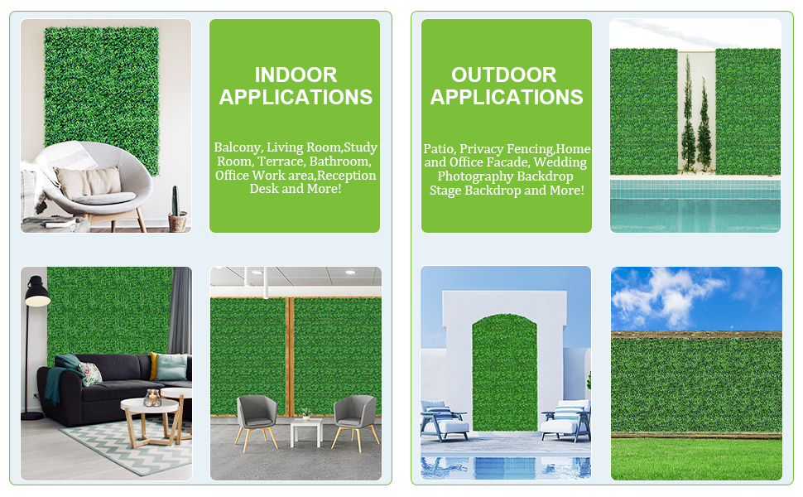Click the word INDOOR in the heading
296,75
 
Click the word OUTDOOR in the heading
504,75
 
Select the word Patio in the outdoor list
440,148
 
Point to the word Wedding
560,162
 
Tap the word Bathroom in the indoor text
340,162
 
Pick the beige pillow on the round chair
89,182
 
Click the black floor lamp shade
37,292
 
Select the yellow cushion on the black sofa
154,364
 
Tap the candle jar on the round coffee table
152,398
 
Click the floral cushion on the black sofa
89,373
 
